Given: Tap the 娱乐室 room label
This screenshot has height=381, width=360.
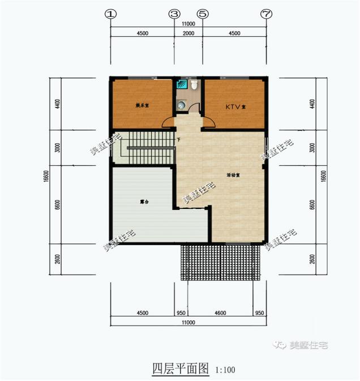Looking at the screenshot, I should click(141, 106).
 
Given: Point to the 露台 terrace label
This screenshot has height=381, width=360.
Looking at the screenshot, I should click(144, 202).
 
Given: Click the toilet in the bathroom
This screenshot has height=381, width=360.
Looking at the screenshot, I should click(194, 85).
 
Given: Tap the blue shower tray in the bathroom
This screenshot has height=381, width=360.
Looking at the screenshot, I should click(181, 85).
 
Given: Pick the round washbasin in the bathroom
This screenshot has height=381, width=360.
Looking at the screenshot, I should click(181, 104).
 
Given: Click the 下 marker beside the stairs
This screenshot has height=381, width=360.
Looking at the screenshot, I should click(178, 139).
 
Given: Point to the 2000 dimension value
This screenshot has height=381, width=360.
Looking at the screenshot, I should click(188, 33).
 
